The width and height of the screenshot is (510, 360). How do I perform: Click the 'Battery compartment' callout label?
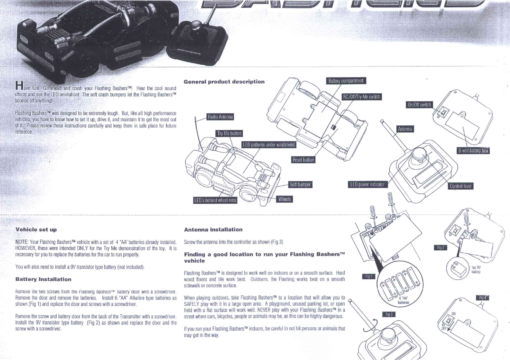pyautogui.click(x=346, y=81)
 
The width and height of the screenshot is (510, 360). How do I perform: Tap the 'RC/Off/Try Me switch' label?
pyautogui.click(x=361, y=97)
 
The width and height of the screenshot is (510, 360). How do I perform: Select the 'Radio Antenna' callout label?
pyautogui.click(x=220, y=117)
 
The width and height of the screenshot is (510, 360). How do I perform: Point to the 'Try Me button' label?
pyautogui.click(x=229, y=133)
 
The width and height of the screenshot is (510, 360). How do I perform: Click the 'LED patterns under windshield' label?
pyautogui.click(x=269, y=145)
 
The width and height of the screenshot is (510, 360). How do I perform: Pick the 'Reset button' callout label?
pyautogui.click(x=303, y=160)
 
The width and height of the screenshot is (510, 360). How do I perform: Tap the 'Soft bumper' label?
pyautogui.click(x=300, y=185)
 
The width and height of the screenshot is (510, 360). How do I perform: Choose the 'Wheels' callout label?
pyautogui.click(x=284, y=199)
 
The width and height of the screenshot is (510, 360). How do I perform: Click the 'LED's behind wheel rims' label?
pyautogui.click(x=215, y=200)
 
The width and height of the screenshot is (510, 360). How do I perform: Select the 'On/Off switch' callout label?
pyautogui.click(x=419, y=105)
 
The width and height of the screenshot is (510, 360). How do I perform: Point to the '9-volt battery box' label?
pyautogui.click(x=473, y=151)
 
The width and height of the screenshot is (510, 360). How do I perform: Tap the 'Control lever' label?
pyautogui.click(x=461, y=186)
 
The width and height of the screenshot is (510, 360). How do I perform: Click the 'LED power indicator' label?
pyautogui.click(x=367, y=185)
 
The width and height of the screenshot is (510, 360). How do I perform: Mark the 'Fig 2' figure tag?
pyautogui.click(x=441, y=248)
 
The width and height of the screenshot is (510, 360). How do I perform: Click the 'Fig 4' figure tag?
pyautogui.click(x=483, y=298)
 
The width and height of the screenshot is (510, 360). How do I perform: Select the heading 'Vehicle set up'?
pyautogui.click(x=36, y=229)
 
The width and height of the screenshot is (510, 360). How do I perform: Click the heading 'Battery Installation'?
pyautogui.click(x=43, y=279)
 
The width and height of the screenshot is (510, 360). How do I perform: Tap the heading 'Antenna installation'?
pyautogui.click(x=213, y=229)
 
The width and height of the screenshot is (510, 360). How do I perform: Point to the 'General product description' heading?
pyautogui.click(x=224, y=82)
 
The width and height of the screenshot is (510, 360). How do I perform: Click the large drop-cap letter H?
pyautogui.click(x=19, y=85)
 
